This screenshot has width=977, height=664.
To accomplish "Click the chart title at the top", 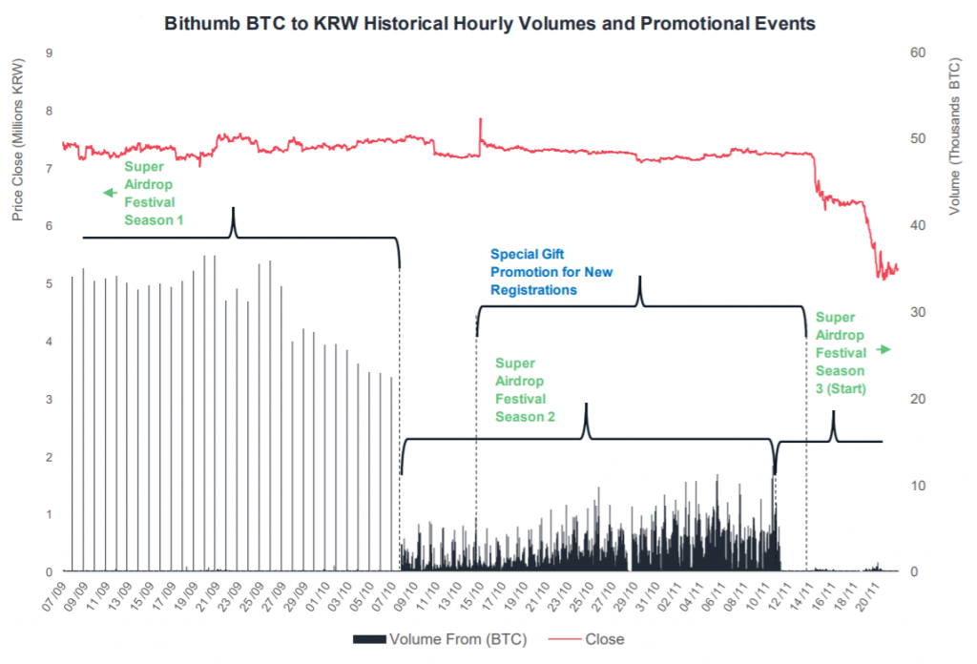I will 489,23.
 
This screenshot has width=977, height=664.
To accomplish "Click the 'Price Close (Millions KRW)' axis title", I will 16,138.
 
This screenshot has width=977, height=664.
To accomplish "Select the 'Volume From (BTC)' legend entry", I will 442,638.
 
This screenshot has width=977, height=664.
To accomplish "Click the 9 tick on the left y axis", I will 49,52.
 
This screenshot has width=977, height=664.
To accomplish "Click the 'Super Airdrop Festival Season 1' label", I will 154,193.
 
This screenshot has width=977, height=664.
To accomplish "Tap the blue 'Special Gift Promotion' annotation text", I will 551,272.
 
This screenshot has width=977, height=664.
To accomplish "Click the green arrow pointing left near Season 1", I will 110,194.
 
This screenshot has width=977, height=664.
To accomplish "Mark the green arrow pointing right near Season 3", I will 883,350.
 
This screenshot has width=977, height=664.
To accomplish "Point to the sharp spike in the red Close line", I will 480,120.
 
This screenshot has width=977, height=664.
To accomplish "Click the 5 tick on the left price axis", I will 49,283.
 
